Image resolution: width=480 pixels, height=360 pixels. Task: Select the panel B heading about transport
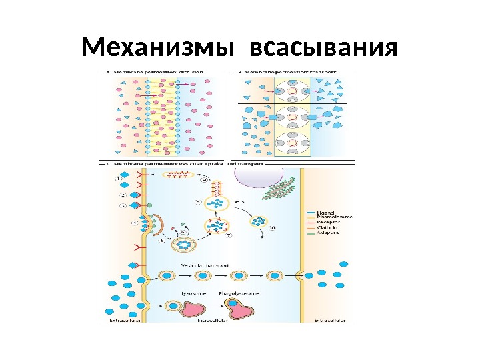(x=286, y=71)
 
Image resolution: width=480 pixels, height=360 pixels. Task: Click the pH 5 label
(x=237, y=200)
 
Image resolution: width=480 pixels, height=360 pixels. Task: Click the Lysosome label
(x=192, y=293)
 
